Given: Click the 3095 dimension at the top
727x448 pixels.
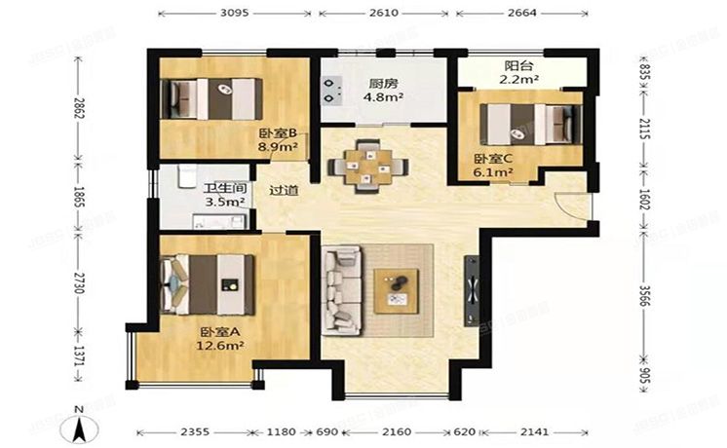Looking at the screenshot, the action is (234, 13).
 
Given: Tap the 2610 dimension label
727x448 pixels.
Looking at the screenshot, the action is (383, 13).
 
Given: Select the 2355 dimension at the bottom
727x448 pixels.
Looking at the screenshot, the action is (195, 431).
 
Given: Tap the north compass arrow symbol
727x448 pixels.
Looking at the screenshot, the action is (79, 428).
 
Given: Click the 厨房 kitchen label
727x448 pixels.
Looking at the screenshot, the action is (383, 84).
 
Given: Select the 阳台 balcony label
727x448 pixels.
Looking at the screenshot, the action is (518, 66).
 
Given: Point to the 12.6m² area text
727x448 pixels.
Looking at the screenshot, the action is (220, 346).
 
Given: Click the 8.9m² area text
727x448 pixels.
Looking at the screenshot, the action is (278, 147).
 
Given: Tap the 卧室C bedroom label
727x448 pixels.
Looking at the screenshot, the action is (493, 159).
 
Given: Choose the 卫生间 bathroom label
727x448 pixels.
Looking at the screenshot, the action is (225, 189).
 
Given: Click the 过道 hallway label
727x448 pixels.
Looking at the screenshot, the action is (284, 191).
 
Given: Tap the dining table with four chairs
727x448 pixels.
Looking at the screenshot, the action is (368, 167).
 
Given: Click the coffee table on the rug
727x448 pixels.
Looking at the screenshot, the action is (397, 291).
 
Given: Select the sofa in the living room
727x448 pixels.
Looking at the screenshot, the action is (343, 290).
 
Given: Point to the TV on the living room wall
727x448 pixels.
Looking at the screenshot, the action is (472, 290).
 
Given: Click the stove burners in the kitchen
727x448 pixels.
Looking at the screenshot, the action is (332, 91).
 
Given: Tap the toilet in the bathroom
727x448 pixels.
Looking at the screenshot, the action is (186, 176).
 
